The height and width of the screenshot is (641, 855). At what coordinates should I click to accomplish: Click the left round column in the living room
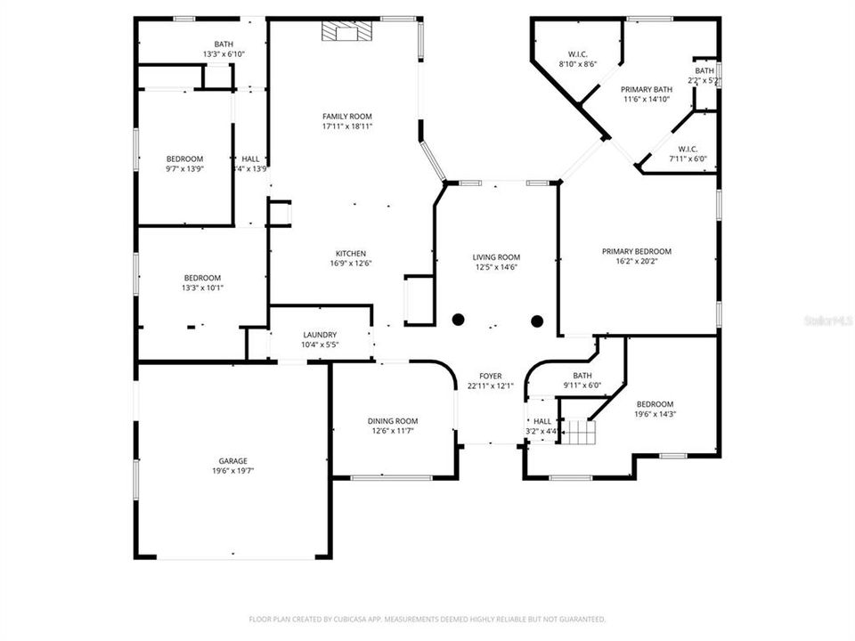point(459,320)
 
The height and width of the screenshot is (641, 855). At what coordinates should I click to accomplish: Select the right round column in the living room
point(537,320)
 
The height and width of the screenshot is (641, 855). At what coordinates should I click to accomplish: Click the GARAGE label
point(233,460)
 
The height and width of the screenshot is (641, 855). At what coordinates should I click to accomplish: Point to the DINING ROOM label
point(393,421)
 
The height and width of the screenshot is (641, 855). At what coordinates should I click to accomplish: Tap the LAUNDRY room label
point(320,335)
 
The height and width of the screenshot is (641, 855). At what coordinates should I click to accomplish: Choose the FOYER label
point(491,376)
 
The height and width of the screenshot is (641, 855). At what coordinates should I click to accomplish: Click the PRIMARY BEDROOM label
point(636,251)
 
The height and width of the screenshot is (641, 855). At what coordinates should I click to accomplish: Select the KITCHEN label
point(350,253)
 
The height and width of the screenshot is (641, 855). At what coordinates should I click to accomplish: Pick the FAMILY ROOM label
point(346,117)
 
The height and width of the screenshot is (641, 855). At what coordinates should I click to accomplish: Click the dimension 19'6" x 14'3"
point(655,414)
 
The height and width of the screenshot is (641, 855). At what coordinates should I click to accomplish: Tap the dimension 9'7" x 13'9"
point(183,169)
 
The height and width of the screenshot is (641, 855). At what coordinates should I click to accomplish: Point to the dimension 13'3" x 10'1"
point(202,288)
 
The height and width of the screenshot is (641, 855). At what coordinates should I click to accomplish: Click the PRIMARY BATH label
point(646,89)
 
